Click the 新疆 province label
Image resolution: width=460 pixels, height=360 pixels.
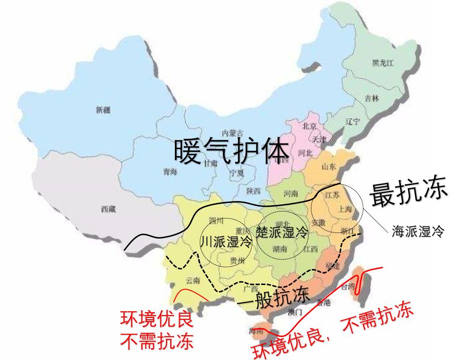click(103, 111)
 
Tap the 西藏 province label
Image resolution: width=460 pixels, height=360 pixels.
click(108, 210)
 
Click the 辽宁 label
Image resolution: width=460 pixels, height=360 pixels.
click(352, 121)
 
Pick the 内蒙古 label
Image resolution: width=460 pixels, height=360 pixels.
click(233, 132)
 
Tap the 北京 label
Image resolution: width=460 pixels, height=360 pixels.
click(310, 126)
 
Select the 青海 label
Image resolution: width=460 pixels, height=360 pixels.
click(170, 172)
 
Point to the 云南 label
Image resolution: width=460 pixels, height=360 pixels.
click(192, 281)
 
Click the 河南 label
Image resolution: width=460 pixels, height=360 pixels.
click(291, 193)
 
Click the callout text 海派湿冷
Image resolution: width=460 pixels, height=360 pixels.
click(417, 231)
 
